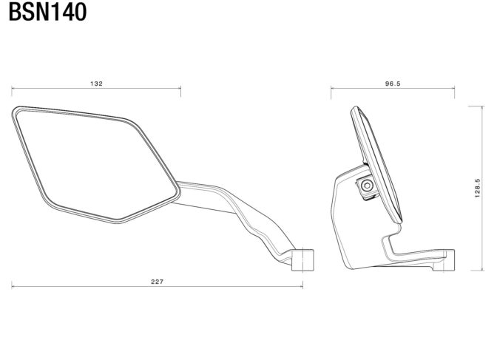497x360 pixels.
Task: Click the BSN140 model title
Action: pyautogui.click(x=47, y=12)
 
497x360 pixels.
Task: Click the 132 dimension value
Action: pyautogui.click(x=96, y=84)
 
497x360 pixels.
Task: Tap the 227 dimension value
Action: pyautogui.click(x=158, y=282)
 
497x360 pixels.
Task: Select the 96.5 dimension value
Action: pyautogui.click(x=393, y=84)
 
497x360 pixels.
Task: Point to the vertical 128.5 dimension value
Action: pyautogui.click(x=478, y=189)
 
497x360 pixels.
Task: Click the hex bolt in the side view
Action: pyautogui.click(x=367, y=186)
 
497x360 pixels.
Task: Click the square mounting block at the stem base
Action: pyautogui.click(x=302, y=260)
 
